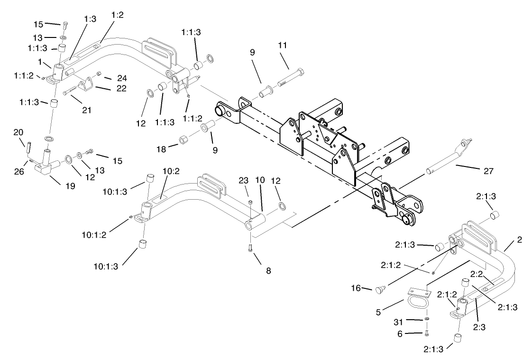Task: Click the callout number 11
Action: click(283, 46)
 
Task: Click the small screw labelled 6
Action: click(427, 332)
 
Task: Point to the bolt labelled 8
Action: click(250, 248)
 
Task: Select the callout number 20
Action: click(18, 131)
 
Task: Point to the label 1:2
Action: click(117, 15)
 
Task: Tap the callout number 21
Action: click(86, 110)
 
